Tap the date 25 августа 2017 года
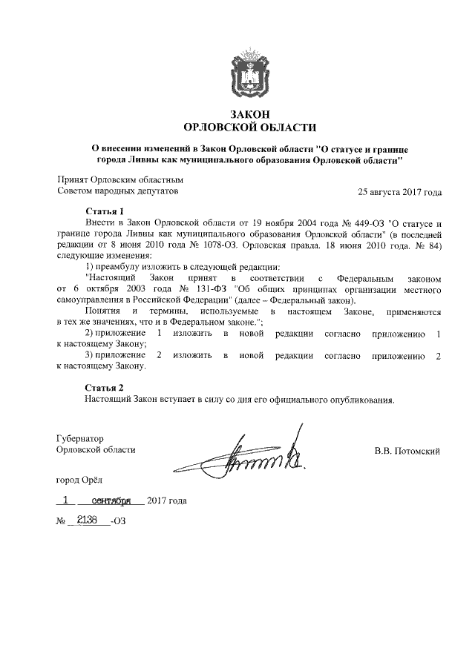pos(399,191)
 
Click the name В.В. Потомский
pos(407,450)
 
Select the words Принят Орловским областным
pos(120,180)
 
